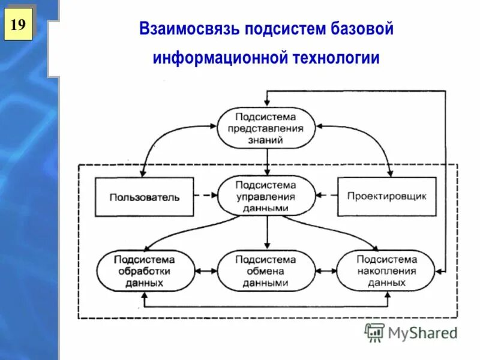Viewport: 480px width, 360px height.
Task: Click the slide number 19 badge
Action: [x=18, y=25]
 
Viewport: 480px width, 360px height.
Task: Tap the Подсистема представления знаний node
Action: [x=266, y=128]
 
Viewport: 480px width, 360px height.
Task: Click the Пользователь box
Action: [x=144, y=197]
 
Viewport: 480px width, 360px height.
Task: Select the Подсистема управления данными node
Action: [x=266, y=196]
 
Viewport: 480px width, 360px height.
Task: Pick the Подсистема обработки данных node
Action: [x=145, y=271]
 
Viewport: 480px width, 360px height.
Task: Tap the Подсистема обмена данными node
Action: [x=266, y=271]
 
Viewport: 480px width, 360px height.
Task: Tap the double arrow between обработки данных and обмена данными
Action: [x=205, y=271]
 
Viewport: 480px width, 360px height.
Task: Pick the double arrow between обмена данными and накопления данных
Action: [x=326, y=271]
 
